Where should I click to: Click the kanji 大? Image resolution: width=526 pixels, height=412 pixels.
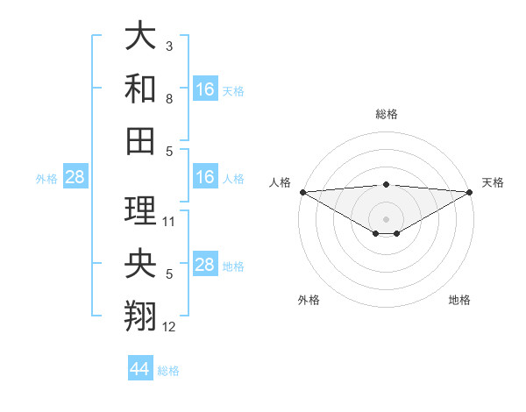coord(141,37)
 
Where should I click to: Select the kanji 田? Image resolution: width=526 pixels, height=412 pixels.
coord(141,139)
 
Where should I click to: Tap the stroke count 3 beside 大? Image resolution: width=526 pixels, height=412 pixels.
coord(169,45)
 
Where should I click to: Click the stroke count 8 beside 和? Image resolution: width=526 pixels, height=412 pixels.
coord(169,99)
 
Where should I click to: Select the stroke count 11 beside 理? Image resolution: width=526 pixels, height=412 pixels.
coord(170,221)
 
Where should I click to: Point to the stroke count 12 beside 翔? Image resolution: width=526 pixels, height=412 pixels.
coord(170,328)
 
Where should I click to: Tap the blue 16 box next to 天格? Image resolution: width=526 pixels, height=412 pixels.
coord(205,89)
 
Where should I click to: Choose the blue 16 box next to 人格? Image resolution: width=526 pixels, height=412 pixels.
coord(205,178)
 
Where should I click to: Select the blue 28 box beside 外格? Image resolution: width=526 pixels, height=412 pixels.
coord(75,178)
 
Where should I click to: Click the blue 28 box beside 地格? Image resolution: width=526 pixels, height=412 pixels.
coord(205,266)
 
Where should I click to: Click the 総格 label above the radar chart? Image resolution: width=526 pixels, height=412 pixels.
coord(387,114)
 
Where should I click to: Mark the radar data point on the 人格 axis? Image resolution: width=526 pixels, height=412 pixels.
coord(302,192)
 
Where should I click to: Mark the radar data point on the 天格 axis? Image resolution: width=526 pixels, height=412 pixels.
coord(470,192)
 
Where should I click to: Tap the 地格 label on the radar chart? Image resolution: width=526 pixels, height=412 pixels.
coord(459,301)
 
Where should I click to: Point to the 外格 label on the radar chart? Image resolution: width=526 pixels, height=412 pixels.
coord(309,301)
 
